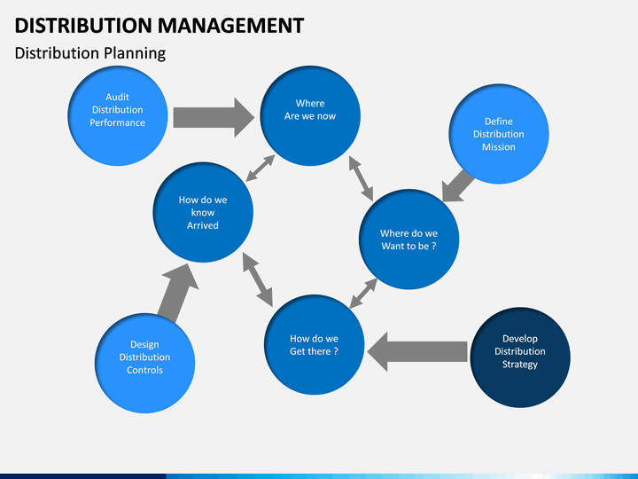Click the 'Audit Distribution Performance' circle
[x=118, y=116]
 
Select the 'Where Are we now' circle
[x=310, y=116]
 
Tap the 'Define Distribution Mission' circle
[x=499, y=134]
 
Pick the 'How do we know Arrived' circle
[x=203, y=212]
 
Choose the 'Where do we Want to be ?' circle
[x=408, y=239]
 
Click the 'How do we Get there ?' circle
[x=314, y=344]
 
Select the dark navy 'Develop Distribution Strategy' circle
[x=520, y=357]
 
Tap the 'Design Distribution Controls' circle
[x=144, y=364]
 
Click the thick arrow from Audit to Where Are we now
[x=214, y=117]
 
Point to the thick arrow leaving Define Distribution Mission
[x=458, y=186]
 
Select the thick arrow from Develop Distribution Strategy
[x=417, y=351]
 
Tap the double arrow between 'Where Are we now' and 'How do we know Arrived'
[x=261, y=169]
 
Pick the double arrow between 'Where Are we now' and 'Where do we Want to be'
[x=361, y=179]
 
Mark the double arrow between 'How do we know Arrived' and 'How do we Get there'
[x=258, y=279]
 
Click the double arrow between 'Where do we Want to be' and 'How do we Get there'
[x=363, y=294]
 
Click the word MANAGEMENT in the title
[x=230, y=25]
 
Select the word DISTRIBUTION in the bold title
[x=83, y=25]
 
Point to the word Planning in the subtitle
[x=135, y=54]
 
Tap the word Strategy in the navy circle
[x=520, y=365]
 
